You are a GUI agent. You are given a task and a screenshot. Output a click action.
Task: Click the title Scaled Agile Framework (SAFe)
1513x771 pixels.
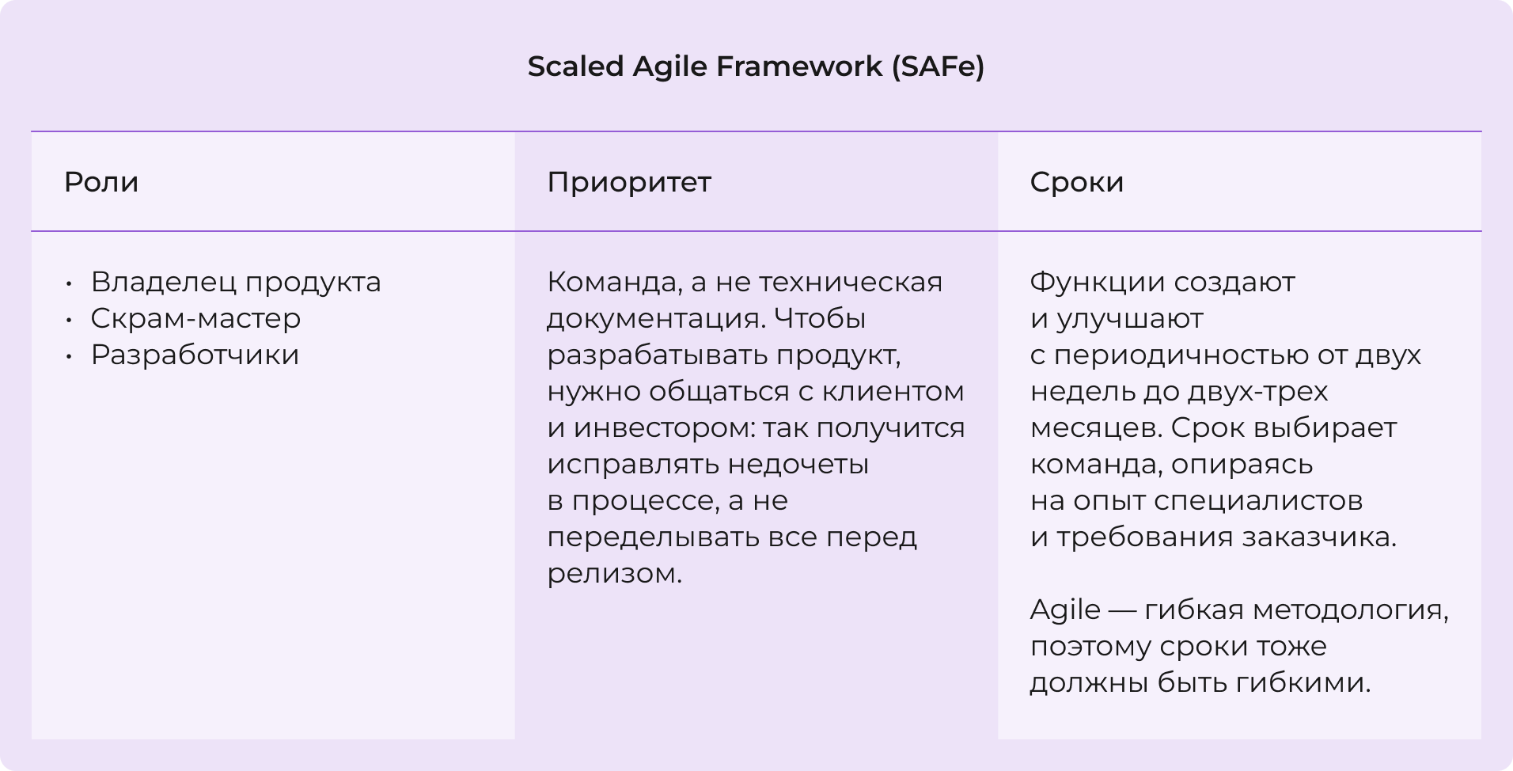pos(756,66)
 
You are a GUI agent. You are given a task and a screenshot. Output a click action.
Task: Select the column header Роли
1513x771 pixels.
pos(101,182)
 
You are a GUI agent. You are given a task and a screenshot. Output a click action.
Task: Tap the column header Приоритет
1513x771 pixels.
pos(629,182)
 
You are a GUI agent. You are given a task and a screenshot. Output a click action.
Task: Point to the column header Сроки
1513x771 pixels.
pos(1076,182)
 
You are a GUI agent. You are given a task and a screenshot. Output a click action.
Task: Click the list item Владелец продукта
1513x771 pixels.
pos(236,282)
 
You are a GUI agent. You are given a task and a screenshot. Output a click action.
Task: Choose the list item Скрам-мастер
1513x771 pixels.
pos(195,318)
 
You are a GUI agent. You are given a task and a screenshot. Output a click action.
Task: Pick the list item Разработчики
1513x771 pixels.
pos(195,355)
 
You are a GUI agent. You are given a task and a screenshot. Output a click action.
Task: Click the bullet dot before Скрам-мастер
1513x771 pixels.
pos(70,319)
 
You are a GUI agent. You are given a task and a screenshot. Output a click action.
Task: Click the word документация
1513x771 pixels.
pos(654,318)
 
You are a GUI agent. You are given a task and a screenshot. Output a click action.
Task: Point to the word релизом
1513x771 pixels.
pos(614,573)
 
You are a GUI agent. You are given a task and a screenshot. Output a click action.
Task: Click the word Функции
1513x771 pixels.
pos(1097,282)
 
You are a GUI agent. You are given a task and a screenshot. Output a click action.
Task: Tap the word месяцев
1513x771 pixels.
pos(1095,427)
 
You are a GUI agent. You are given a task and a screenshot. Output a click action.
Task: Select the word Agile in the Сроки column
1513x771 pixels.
pos(1065,610)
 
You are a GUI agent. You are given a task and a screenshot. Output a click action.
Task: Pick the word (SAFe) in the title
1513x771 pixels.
pos(938,66)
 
